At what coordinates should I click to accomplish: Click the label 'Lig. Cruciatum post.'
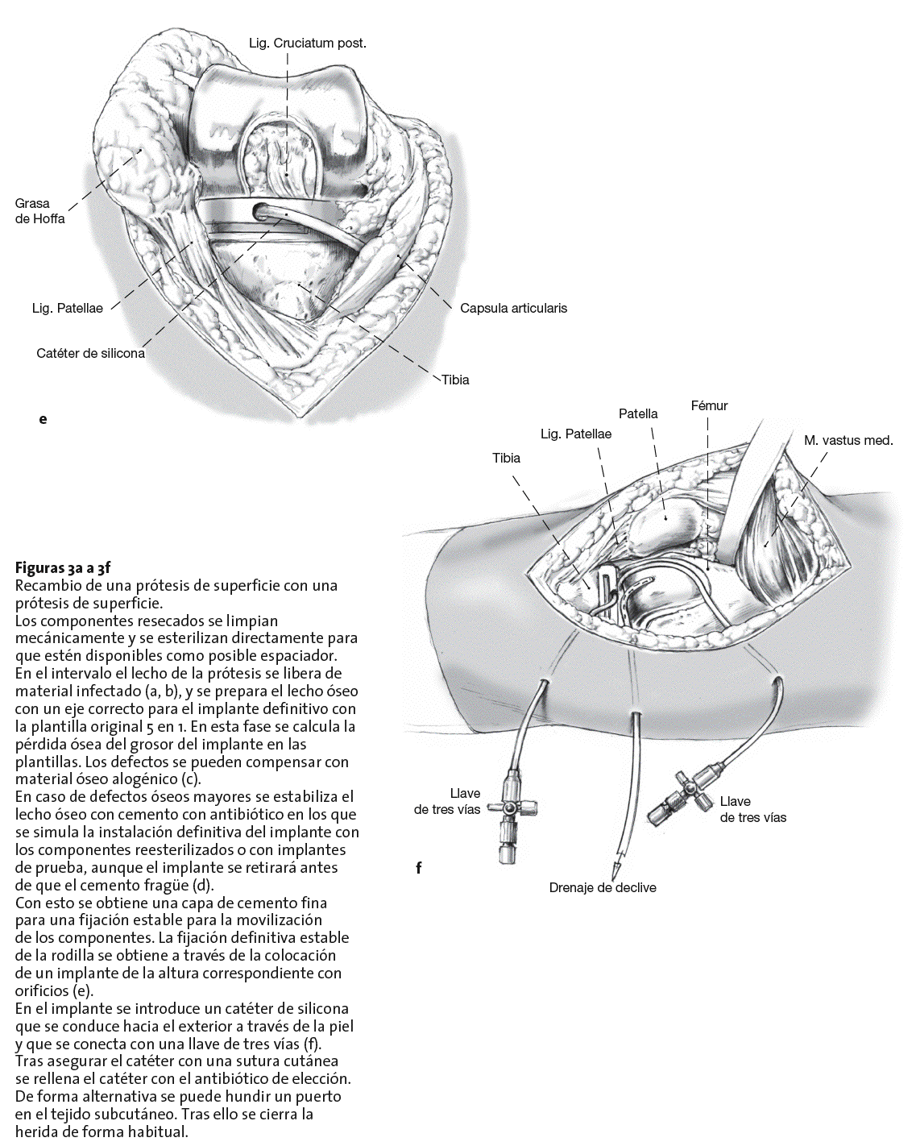(307, 43)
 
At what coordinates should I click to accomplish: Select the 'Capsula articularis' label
(513, 308)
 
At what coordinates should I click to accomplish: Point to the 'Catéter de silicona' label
(90, 353)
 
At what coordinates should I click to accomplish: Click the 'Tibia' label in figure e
(455, 380)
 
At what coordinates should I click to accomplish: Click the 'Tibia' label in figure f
(506, 458)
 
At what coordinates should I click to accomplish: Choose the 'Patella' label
(638, 413)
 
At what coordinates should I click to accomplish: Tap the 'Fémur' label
(709, 405)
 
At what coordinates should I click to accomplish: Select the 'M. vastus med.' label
(848, 440)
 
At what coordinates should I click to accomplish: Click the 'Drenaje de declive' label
(603, 887)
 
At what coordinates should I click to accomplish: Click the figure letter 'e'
(43, 419)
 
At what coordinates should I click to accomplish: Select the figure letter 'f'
(419, 868)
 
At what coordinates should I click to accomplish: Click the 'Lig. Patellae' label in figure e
(68, 308)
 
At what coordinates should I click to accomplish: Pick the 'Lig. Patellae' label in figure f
(575, 434)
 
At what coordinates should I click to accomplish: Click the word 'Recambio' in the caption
(48, 585)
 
